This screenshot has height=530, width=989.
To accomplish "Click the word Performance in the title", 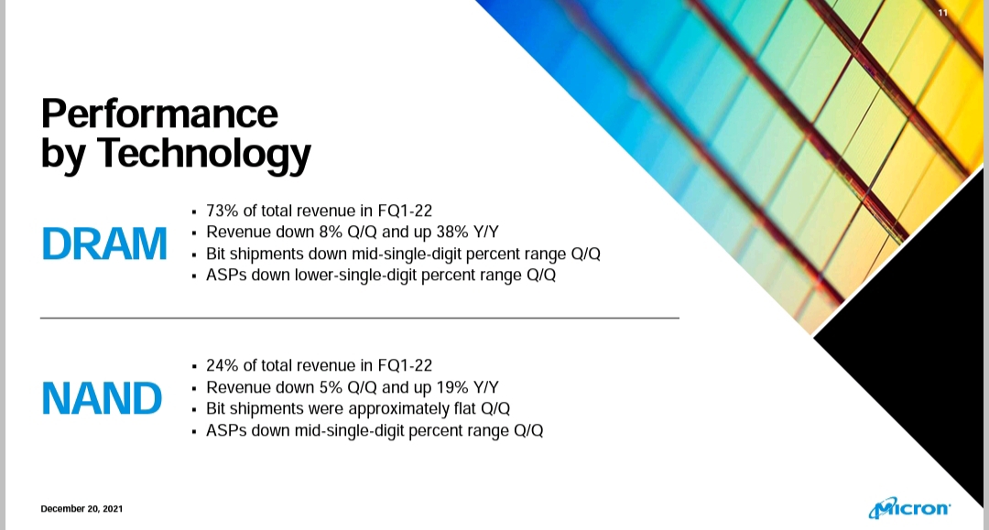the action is tap(159, 114).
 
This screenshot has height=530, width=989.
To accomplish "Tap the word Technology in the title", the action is tap(203, 154).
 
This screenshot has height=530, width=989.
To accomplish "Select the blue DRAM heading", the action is tap(104, 243).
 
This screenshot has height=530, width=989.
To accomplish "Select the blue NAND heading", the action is tap(102, 398).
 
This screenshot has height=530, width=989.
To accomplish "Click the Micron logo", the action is tap(909, 507).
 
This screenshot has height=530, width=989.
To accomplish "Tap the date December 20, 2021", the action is tap(82, 509).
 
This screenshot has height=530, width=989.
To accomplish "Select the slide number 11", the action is tap(942, 13).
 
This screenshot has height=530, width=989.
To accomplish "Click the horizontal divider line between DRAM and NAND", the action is tap(360, 319).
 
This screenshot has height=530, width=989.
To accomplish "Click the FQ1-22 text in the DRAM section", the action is tap(405, 211).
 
